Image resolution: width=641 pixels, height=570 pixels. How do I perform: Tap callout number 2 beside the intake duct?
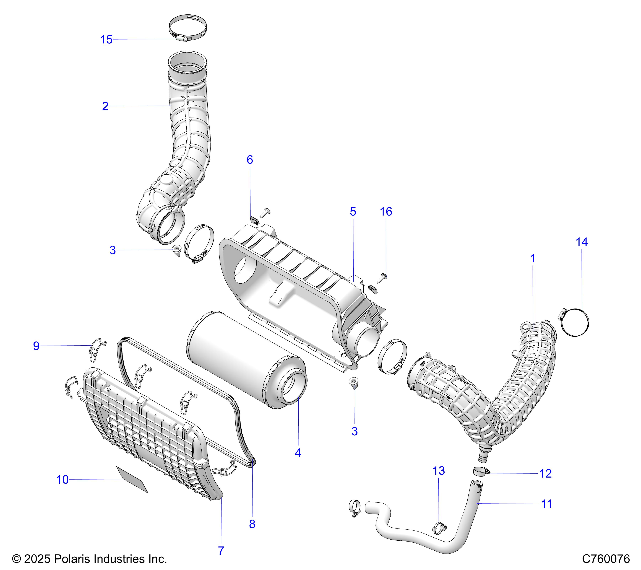coord(105,106)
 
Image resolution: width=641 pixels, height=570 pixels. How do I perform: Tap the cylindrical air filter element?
coord(245,358)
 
